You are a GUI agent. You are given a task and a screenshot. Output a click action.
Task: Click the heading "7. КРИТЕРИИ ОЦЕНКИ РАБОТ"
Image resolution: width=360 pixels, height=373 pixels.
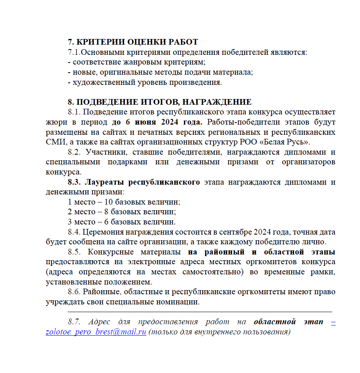(x=133, y=42)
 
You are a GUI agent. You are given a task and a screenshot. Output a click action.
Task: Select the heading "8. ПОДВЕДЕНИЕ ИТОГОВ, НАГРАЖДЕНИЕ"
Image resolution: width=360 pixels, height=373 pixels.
(x=160, y=102)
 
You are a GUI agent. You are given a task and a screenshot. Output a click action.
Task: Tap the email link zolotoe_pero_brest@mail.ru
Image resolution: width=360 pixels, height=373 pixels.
(x=96, y=332)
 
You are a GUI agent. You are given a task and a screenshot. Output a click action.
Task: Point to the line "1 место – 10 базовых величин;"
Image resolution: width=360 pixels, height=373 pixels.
(x=124, y=202)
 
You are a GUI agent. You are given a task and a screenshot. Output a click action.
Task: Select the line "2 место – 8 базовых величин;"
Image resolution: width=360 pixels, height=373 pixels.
(x=122, y=212)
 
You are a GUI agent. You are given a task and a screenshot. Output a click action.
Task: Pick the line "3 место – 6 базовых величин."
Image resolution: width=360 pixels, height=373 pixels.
(x=122, y=222)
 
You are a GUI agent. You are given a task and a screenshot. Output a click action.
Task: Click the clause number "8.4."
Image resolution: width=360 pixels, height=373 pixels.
(x=75, y=232)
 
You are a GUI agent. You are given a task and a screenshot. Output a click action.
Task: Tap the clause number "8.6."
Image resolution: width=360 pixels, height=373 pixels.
(x=75, y=292)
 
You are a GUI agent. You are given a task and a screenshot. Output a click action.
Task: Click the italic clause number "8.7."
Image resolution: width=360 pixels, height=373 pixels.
(x=75, y=322)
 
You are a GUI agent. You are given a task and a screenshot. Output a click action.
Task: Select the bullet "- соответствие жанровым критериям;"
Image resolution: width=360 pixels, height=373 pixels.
(x=137, y=62)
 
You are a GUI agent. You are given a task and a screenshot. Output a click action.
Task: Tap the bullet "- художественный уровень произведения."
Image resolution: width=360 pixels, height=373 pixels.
(x=145, y=82)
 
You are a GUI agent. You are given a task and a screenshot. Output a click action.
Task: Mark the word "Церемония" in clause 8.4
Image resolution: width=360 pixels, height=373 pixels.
(x=101, y=232)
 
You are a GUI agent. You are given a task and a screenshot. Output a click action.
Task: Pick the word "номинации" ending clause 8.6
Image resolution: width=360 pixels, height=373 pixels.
(x=179, y=302)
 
